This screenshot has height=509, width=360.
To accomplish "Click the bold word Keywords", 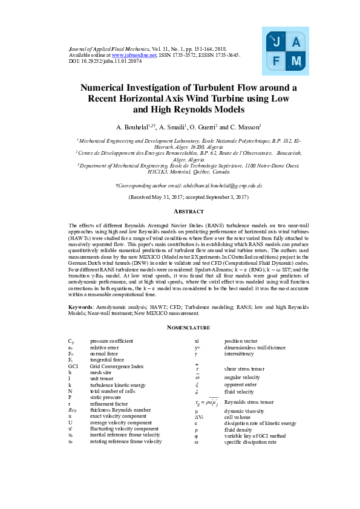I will (81, 307).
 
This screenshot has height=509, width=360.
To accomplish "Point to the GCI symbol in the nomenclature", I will (73, 366).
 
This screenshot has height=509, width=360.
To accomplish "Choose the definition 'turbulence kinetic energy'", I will (117, 385).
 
